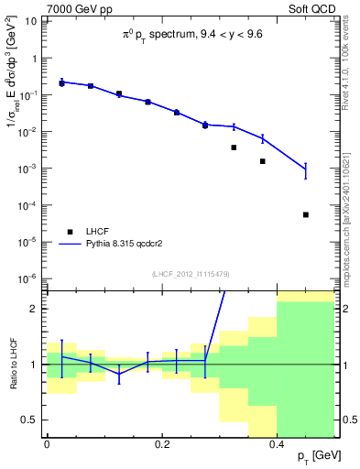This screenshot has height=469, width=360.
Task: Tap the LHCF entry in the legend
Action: [98, 232]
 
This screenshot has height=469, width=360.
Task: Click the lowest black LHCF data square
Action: [306, 214]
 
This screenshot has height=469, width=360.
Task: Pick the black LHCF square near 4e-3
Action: [234, 147]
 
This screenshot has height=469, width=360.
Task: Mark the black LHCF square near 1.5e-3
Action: [263, 161]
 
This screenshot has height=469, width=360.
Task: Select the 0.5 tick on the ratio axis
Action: [31, 420]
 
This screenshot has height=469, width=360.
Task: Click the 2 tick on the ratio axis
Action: [35, 309]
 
